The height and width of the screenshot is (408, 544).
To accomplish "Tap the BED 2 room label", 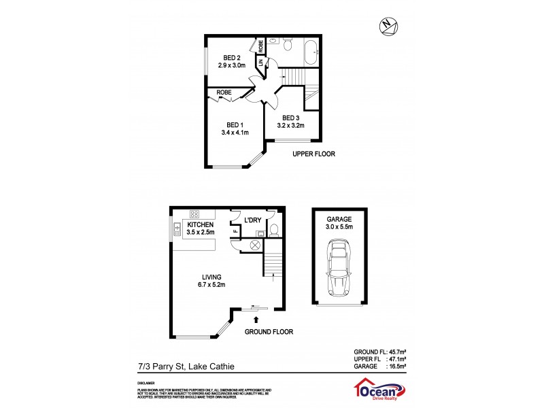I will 231,57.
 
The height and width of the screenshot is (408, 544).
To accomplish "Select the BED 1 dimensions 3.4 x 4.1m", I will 235,133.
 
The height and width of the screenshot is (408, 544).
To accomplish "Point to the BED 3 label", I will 290,117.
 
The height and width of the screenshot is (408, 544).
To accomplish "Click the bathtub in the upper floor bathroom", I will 311,52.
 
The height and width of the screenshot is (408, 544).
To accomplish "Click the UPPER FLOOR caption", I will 313,154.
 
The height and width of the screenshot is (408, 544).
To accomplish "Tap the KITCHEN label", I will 201,224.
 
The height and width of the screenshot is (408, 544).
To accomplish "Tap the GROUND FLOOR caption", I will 269,332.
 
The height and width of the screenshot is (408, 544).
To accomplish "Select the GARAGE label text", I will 338,219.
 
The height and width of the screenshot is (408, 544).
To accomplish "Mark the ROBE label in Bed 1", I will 223,92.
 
